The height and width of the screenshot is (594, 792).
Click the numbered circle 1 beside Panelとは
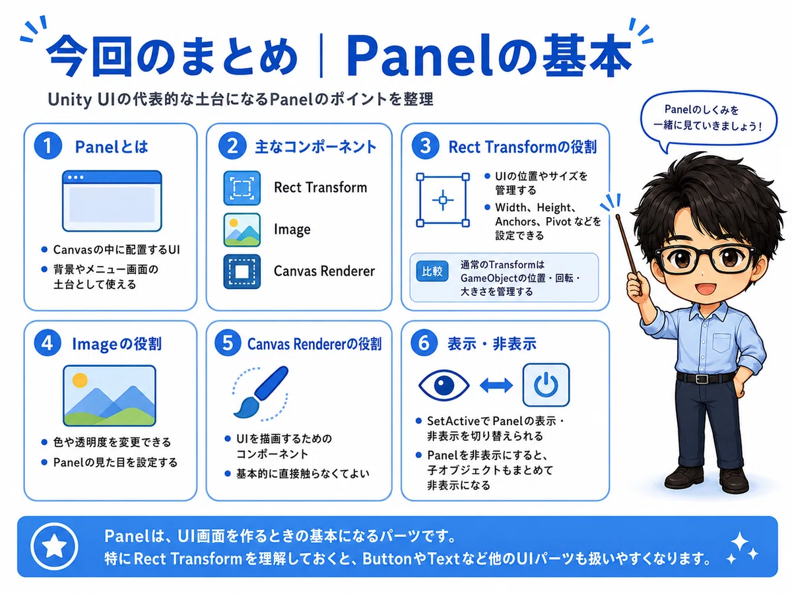click(48, 146)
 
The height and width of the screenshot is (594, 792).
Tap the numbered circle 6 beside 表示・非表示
click(424, 343)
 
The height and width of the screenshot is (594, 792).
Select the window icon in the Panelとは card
click(112, 201)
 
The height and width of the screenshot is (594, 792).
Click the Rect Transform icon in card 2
click(242, 187)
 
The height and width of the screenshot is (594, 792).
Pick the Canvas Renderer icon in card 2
click(242, 271)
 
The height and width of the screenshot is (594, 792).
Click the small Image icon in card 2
click(242, 230)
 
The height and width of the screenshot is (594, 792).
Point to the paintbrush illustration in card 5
click(261, 393)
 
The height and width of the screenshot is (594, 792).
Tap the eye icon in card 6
click(444, 385)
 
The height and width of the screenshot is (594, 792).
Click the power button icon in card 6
click(546, 385)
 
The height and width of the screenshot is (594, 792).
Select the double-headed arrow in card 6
click(496, 385)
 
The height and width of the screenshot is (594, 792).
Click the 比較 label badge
click(432, 271)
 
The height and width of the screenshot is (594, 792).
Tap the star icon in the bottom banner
click(54, 546)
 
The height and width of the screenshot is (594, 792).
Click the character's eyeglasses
click(706, 259)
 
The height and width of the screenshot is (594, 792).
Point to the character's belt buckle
click(702, 379)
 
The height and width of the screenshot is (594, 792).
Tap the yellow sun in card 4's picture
click(80, 380)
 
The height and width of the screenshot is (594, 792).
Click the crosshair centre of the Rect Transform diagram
click(443, 200)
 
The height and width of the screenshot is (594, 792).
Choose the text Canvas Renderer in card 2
click(324, 271)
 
